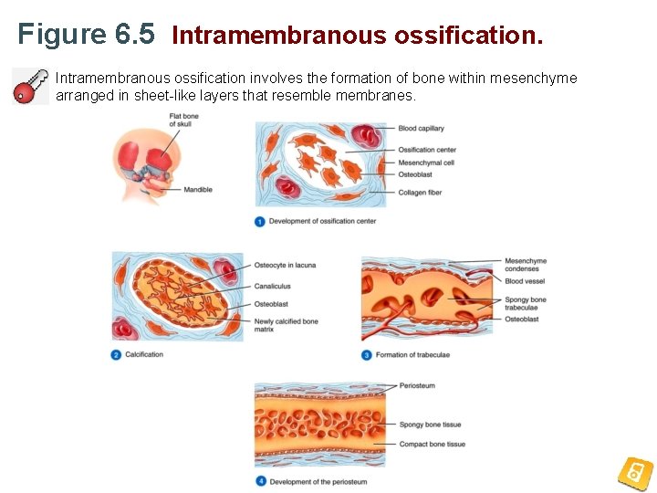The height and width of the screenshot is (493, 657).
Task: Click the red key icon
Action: [x=30, y=86]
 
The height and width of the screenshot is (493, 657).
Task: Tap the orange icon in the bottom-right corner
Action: [x=635, y=473]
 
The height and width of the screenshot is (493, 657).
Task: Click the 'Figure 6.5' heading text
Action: [x=87, y=35]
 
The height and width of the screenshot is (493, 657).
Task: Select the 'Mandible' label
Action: [x=198, y=190]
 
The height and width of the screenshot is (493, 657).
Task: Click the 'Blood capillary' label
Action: [x=421, y=129]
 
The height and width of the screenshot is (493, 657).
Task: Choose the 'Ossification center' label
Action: [x=426, y=150]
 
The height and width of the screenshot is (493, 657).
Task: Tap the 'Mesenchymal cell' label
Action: [x=426, y=163]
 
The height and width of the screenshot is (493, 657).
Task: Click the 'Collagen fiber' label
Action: [x=420, y=193]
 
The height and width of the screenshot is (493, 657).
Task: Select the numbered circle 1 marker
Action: [x=260, y=221]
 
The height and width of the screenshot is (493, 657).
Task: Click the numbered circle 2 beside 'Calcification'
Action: [x=117, y=354]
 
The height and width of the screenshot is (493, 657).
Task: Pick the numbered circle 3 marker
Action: [x=367, y=355]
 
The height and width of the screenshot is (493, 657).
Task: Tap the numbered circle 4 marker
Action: [x=260, y=481]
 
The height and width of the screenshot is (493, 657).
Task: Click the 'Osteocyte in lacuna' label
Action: [x=285, y=265]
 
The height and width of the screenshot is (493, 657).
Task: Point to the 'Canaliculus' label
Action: [x=272, y=286]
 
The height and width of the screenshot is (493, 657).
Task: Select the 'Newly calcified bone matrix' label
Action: [x=286, y=325]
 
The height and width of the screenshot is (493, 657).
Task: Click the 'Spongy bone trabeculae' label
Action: [x=525, y=303]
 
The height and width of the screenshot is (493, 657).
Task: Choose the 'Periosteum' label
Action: [x=417, y=386]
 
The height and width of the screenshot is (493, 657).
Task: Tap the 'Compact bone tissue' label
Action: [x=432, y=445]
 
